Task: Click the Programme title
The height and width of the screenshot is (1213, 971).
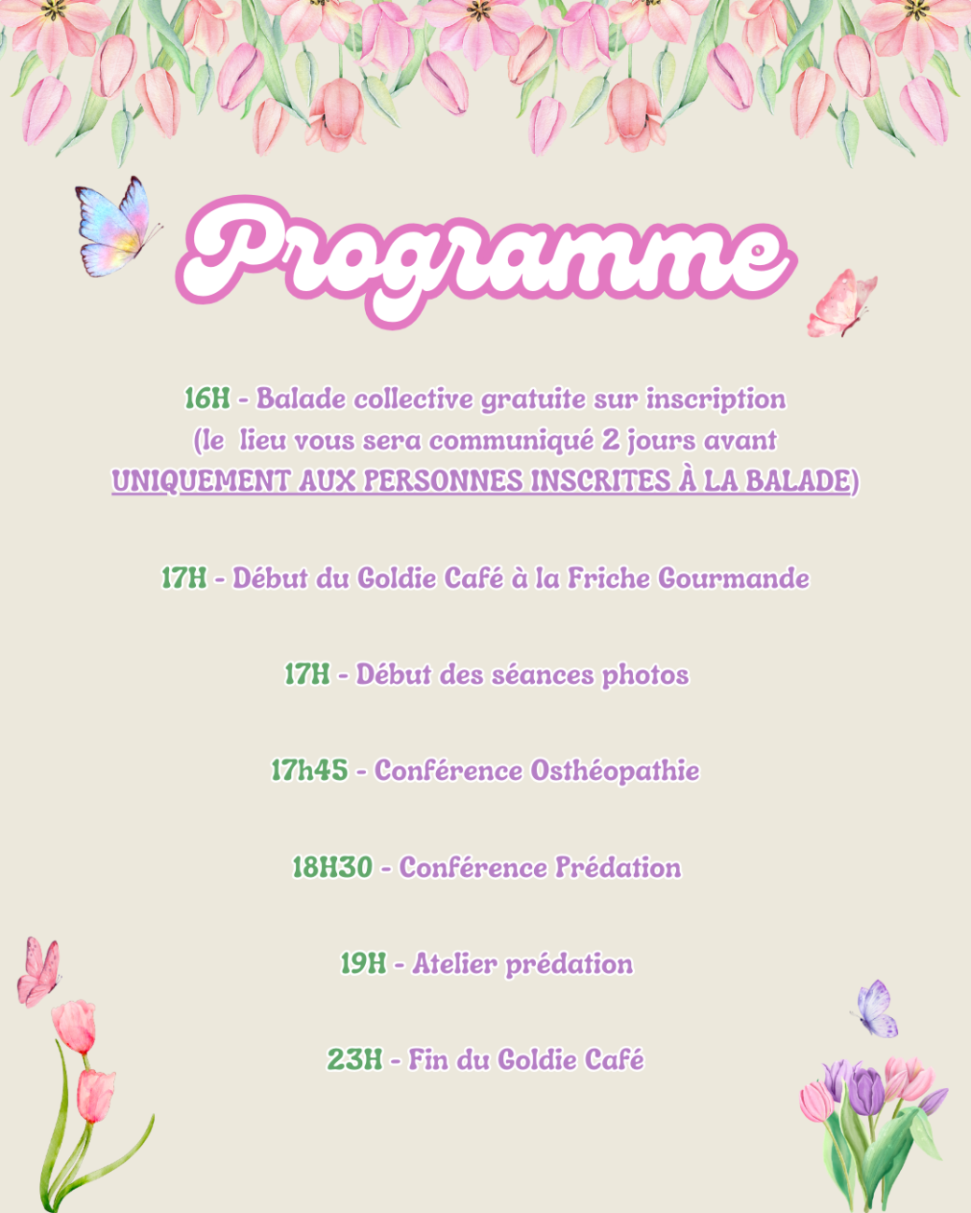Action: pos(485,260)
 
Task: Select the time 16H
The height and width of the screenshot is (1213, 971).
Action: pos(207,398)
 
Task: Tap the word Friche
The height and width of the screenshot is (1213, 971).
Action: pos(608,579)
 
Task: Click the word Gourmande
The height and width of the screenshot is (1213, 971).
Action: pos(734,579)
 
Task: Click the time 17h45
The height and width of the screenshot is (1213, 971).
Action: pos(309,771)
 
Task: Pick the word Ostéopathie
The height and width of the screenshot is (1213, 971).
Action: pos(614,772)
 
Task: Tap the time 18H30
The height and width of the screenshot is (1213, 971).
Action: pos(332,868)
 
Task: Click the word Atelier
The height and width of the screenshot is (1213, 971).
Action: pos(455,965)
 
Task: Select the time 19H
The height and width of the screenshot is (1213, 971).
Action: pos(363,965)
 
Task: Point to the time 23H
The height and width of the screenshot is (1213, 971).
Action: pos(355,1060)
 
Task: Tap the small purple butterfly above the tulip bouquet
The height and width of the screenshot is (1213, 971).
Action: pos(875,1009)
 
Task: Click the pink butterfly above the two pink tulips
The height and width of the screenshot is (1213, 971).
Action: pos(38,971)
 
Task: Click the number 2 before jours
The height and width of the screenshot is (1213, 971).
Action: pos(611,440)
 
